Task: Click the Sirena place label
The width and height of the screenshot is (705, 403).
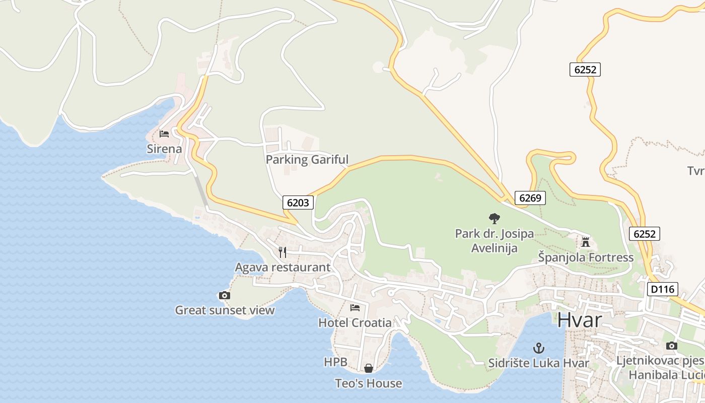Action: point(164,149)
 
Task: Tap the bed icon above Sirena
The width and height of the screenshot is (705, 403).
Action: point(164,134)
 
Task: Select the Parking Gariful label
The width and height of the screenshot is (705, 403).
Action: point(307,160)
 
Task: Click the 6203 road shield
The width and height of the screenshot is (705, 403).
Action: point(298,203)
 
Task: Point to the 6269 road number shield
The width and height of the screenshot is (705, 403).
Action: point(530,198)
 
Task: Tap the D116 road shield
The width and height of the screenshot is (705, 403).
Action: point(663,289)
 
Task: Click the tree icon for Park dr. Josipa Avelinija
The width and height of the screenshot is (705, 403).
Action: point(495,219)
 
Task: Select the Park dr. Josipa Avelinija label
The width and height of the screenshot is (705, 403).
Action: point(494,241)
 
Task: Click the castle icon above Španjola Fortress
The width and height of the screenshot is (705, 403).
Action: point(585,242)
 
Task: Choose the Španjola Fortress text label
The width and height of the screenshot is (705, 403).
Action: point(586,257)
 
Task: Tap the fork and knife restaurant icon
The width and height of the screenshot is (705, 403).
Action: point(283,252)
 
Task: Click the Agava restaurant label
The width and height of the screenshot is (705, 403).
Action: point(283,267)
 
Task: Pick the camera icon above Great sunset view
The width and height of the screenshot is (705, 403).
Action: point(225,295)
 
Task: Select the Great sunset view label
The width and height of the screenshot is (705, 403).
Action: point(225,310)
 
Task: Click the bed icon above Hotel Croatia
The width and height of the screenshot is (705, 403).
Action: point(355,308)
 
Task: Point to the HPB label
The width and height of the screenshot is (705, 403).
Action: point(335,362)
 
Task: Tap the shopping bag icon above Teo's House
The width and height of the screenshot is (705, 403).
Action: point(369,368)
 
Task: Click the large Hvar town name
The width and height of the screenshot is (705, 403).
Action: point(580,320)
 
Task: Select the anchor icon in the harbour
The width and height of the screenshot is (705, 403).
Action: point(539,348)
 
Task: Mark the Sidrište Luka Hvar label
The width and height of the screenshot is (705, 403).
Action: point(539,363)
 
